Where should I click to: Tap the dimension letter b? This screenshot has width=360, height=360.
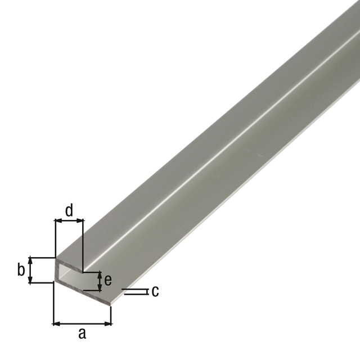pos(21,270)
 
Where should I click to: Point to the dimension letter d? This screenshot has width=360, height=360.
pos(69,210)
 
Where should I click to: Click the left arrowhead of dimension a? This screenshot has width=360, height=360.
pos(56,323)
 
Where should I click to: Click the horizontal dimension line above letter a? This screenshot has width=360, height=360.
pos(82,323)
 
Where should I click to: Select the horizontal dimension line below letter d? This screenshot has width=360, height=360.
pos(69,221)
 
